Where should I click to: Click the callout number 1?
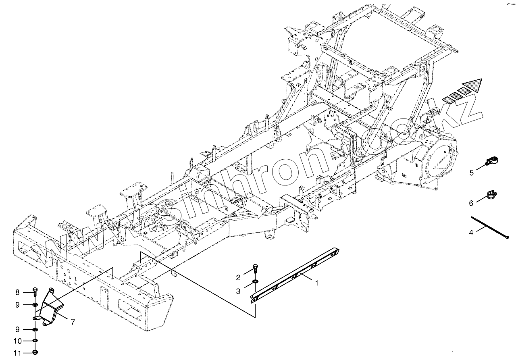[x=317, y=283]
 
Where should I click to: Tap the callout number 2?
[x=238, y=277]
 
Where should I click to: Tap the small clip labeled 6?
[x=492, y=195]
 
